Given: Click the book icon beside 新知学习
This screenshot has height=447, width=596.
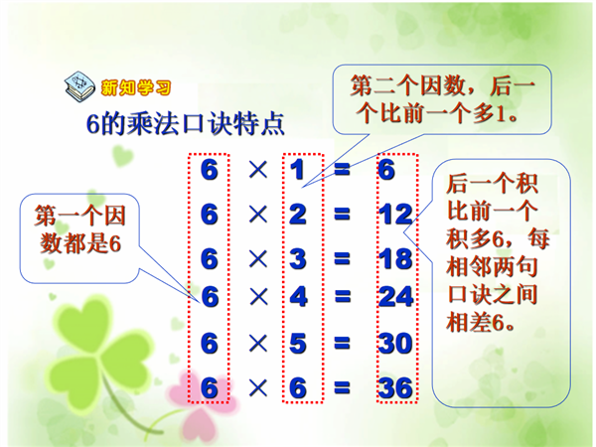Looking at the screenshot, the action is (x=79, y=85).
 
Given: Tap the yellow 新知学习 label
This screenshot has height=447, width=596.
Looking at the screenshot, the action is (x=136, y=88).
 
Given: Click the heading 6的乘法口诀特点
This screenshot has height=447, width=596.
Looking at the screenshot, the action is (x=186, y=123).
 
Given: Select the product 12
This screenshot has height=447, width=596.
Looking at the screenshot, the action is (x=395, y=214).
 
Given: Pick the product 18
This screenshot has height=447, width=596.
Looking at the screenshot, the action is (x=395, y=259).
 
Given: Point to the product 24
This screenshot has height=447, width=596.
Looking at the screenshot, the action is (x=395, y=296).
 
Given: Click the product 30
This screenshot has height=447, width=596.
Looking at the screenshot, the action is (x=395, y=344).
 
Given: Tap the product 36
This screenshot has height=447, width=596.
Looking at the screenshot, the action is (x=395, y=388).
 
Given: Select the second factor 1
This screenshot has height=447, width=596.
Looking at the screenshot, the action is (x=297, y=170).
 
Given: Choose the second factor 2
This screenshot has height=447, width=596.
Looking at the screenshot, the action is (x=298, y=214).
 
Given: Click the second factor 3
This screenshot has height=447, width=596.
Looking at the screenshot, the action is (x=298, y=259).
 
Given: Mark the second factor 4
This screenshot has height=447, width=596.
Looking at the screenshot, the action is (x=298, y=296).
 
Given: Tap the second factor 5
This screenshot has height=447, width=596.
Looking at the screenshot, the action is (x=298, y=344).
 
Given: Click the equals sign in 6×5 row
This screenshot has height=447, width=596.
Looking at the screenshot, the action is (x=342, y=343).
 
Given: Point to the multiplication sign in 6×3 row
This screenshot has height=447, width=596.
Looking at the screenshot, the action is (x=258, y=259).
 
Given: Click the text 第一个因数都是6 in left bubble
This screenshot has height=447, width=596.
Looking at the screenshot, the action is (x=79, y=229).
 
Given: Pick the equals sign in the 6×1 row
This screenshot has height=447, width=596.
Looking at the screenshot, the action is (x=342, y=170).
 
